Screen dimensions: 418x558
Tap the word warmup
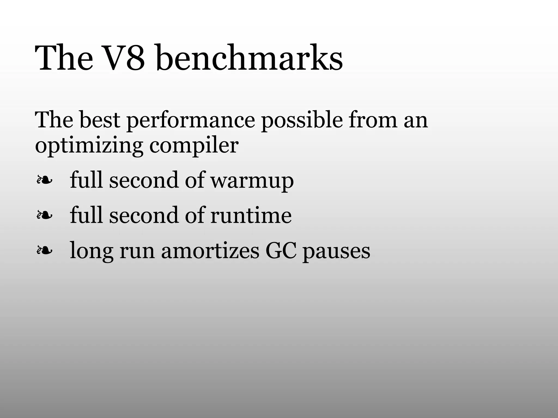click(x=252, y=181)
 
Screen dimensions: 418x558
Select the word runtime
click(x=251, y=215)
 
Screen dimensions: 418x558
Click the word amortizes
click(x=210, y=251)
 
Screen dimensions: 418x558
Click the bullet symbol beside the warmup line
click(x=44, y=180)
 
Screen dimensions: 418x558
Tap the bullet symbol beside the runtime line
click(x=44, y=215)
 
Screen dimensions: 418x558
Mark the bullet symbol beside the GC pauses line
click(x=44, y=250)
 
